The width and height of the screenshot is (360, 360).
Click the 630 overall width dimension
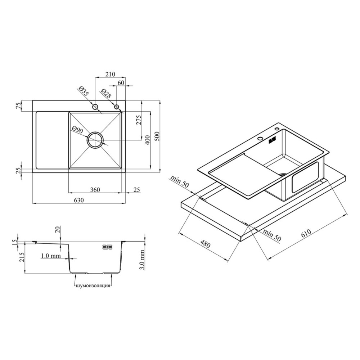click(79, 200)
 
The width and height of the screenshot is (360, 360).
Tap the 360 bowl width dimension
click(95, 190)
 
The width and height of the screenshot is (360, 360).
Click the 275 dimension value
click(139, 120)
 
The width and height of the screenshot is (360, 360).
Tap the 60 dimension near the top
click(121, 83)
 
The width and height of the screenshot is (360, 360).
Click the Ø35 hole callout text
click(83, 91)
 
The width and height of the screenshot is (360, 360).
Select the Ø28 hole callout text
click(106, 94)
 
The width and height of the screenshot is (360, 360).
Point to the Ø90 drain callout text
click(77, 130)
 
